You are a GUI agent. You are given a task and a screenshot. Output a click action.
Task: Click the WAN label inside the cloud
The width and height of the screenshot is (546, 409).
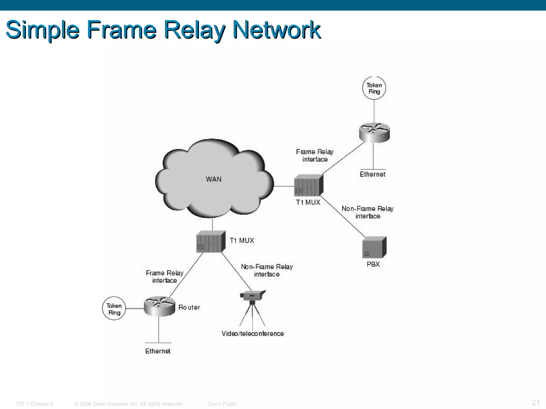coord(214,179)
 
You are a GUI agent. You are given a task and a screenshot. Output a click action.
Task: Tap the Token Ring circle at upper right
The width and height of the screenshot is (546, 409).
coord(374,88)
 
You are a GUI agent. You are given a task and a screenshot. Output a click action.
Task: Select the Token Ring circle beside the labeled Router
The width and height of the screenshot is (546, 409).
coord(114,309)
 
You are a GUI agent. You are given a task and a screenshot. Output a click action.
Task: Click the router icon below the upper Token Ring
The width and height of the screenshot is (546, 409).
coord(374,132)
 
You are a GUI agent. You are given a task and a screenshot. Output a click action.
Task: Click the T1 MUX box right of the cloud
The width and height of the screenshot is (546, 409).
coord(308,186)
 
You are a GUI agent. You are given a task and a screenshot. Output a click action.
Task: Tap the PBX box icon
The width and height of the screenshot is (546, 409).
coord(374,247)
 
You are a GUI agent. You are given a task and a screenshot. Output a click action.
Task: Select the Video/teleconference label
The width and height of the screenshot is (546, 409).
coord(252,334)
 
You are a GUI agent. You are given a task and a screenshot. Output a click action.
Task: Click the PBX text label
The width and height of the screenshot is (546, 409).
coord(373,264)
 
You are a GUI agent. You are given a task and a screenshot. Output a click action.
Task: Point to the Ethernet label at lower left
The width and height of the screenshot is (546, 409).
coord(158,351)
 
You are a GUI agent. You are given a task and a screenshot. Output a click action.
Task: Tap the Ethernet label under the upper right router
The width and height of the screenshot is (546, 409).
coord(372,174)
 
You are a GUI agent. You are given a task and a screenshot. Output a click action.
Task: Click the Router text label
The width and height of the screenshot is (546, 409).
coord(189,308)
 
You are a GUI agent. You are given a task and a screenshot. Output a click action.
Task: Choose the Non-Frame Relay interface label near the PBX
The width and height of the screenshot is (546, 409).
coord(367,212)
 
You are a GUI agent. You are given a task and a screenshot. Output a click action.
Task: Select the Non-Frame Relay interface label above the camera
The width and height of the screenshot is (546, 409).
coord(267,271)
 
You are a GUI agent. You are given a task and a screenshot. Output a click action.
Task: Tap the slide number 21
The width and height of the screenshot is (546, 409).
coord(536,402)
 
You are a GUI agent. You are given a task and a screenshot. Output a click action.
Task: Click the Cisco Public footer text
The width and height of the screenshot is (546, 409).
coord(222,404)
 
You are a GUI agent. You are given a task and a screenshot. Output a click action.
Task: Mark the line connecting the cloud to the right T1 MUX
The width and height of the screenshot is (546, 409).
coord(284,186)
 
